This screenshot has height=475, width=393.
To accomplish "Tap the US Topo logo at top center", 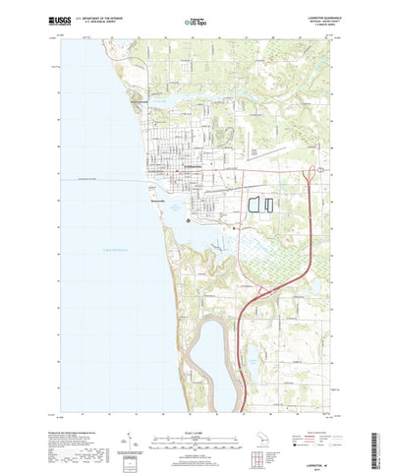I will pyautogui.click(x=195, y=19).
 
